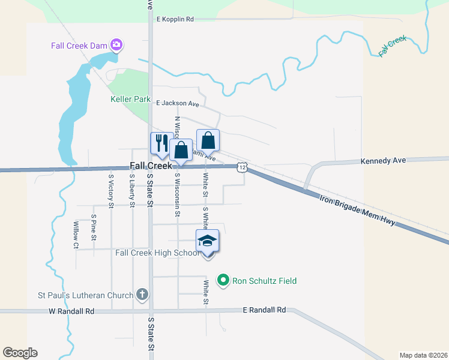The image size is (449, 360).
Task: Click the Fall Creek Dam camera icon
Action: tap(116, 45)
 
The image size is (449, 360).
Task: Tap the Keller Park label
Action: tap(130, 100)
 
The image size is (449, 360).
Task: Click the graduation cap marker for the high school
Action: tap(208, 241)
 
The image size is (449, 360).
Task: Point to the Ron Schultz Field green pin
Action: tap(223, 280)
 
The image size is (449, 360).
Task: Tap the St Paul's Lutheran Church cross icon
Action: tap(142, 294)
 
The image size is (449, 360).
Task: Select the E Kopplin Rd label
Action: tap(175, 19)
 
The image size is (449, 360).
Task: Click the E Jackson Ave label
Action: tap(177, 103)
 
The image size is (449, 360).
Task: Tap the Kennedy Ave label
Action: tap(383, 161)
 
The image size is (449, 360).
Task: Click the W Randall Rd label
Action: tap(71, 311)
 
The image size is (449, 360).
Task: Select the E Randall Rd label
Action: tap(264, 310)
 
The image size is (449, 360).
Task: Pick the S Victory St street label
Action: tap(111, 191)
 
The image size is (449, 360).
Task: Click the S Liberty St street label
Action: tap(132, 190)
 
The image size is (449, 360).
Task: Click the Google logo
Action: tap(20, 353)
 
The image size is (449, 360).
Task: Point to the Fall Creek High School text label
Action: tap(157, 253)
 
